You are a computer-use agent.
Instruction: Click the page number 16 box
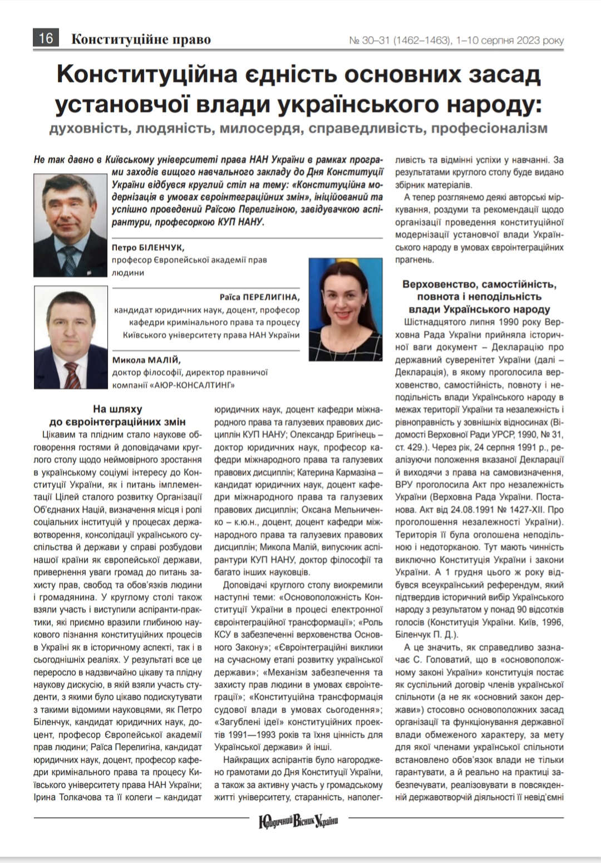[46, 38]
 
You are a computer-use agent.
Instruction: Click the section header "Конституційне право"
[141, 40]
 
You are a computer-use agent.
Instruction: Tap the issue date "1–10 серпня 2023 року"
[509, 41]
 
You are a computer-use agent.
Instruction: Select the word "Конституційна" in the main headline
[147, 75]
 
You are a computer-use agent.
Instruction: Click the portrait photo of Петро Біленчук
[70, 224]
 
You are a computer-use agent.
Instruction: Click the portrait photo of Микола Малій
[71, 337]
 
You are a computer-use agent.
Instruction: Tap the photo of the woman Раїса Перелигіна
[345, 309]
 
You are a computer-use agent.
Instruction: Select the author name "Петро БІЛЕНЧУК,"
[148, 247]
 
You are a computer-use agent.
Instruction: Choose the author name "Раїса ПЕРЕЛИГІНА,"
[259, 297]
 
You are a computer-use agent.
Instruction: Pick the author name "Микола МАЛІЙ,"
[146, 360]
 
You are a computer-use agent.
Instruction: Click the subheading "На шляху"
[117, 409]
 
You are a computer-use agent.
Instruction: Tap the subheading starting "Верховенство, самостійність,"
[479, 285]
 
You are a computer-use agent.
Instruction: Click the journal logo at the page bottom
[298, 821]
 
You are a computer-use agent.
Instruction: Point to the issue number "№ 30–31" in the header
[370, 41]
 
